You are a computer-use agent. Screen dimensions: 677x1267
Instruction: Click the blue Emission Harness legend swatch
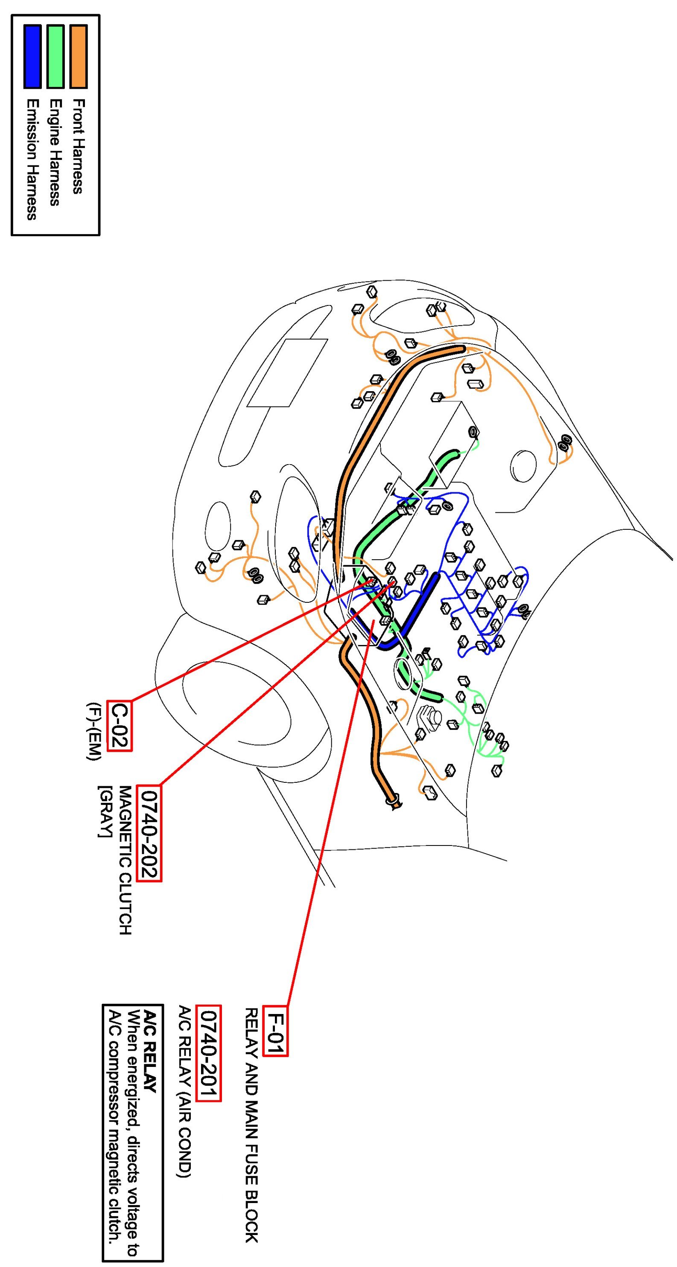pos(32,57)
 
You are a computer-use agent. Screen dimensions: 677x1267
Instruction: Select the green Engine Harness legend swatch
pos(55,57)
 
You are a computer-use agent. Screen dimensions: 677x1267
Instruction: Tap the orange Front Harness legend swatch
pos(78,57)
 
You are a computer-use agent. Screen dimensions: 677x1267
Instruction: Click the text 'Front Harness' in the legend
pos(78,146)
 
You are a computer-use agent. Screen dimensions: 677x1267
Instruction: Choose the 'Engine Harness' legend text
pos(55,152)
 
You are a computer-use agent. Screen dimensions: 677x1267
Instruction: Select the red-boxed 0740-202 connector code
pos(149,833)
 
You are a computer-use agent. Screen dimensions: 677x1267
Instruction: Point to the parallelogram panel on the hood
pos(287,372)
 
